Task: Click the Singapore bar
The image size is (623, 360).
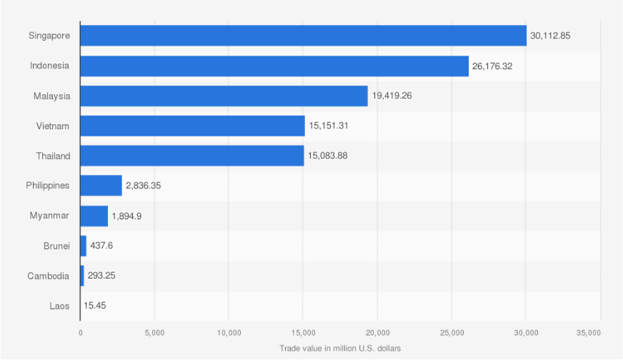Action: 303,36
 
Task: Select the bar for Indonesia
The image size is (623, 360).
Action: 274,66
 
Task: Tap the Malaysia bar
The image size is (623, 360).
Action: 224,96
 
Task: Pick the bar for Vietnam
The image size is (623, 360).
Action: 192,126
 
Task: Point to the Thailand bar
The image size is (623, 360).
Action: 192,156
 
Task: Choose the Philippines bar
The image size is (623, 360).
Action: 101,186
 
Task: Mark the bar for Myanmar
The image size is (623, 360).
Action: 94,216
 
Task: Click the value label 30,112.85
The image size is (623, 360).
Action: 550,36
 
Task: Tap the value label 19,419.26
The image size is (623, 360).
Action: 392,96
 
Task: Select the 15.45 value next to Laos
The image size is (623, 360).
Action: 95,306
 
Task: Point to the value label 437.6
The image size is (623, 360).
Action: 101,246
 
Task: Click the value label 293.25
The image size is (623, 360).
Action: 101,276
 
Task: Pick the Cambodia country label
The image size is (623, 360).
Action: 48,276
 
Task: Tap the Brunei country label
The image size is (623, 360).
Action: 56,246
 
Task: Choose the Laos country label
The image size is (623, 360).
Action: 59,306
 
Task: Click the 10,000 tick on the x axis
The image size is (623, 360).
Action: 229,333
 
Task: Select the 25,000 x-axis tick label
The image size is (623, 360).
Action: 452,333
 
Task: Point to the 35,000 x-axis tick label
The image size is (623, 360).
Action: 589,333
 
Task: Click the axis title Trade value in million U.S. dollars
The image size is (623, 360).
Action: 340,349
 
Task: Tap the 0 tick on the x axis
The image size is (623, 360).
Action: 81,333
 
